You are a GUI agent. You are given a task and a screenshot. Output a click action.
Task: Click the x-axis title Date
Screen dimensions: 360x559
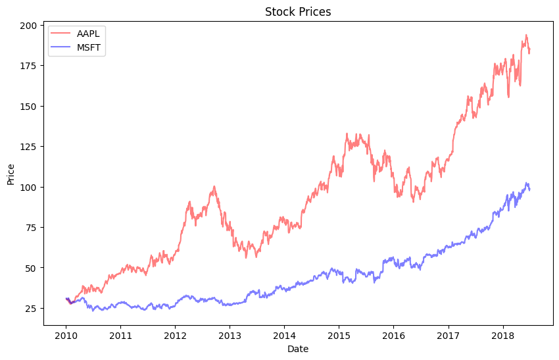[298, 349]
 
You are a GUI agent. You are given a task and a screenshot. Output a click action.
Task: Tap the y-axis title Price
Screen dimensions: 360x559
[11, 174]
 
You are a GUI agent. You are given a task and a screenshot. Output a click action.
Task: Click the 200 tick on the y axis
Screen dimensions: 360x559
[30, 26]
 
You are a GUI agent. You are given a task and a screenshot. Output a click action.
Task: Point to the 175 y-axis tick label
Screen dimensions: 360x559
[30, 66]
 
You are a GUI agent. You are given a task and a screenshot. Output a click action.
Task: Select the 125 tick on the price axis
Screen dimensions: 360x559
[30, 147]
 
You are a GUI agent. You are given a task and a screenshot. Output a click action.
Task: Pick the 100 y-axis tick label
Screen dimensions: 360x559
[30, 187]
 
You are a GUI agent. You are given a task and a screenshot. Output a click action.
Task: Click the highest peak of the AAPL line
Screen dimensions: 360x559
[525, 35]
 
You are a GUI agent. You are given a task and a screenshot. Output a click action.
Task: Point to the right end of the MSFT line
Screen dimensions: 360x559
[529, 190]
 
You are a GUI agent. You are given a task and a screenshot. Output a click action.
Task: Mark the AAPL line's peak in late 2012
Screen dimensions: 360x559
[214, 186]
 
